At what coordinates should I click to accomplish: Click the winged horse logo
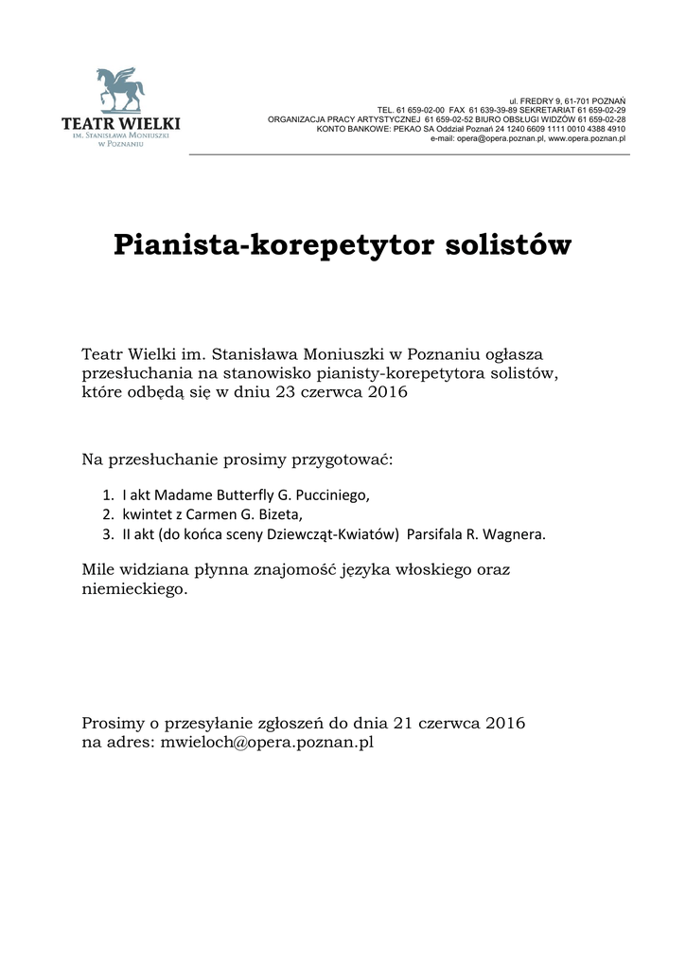point(120,90)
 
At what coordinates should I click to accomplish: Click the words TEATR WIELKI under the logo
point(120,123)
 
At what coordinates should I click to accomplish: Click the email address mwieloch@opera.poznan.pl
point(267,742)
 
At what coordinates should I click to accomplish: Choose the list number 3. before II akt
point(107,533)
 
